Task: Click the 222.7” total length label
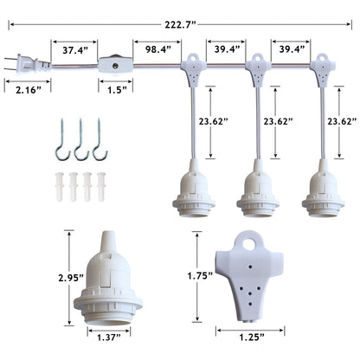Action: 180,24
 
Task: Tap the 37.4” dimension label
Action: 75,50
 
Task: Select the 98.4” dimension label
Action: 158,49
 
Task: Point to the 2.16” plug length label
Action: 29,90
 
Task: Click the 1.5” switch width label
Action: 117,90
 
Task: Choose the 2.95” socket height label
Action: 71,278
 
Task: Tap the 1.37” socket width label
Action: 109,337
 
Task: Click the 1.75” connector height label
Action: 200,276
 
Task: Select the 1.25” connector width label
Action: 252,337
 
